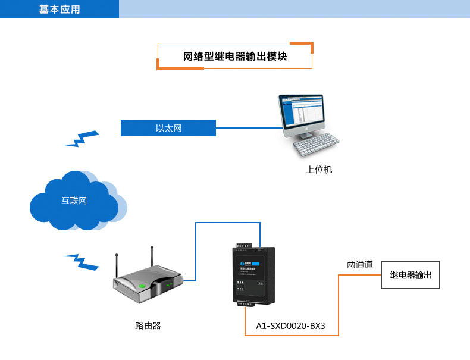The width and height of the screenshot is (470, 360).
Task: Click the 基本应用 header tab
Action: tap(59, 9)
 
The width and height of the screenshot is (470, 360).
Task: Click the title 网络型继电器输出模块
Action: tap(235, 57)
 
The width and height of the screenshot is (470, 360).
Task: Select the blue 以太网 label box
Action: tap(168, 128)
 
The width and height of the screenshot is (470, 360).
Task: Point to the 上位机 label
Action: tap(319, 170)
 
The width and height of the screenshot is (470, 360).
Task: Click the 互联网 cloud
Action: tap(74, 201)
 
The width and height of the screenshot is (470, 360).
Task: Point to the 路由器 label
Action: tap(148, 325)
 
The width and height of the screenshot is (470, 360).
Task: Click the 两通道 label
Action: tap(360, 264)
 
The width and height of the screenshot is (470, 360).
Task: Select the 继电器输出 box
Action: tap(411, 275)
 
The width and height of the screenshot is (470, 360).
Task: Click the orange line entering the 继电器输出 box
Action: tap(360, 275)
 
